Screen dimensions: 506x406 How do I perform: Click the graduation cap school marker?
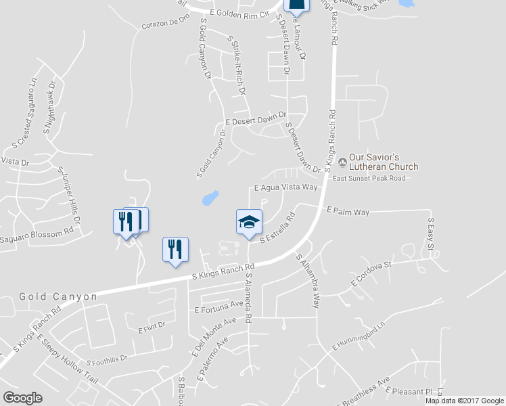click(x=249, y=222)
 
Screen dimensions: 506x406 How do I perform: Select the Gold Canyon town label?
click(x=57, y=296)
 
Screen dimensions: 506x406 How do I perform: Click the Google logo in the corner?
click(x=22, y=398)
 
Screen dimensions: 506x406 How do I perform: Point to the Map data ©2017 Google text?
click(x=465, y=401)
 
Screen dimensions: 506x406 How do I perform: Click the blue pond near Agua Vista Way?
click(x=210, y=198)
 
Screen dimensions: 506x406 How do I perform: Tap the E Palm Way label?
click(x=348, y=212)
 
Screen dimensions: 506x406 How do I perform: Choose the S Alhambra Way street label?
click(x=306, y=280)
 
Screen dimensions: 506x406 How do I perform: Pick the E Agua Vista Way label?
click(x=285, y=187)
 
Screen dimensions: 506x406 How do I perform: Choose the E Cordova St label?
click(x=371, y=273)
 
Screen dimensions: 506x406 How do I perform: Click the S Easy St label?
click(x=430, y=233)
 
